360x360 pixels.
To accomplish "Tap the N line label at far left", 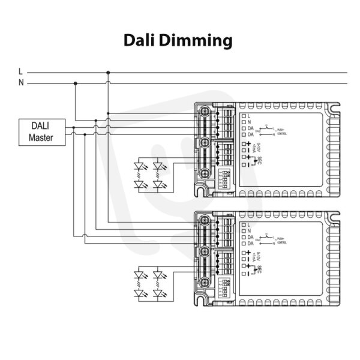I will pos(21,83).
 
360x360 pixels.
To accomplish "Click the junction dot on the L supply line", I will pos(108,73).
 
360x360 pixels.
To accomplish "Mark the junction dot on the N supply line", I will pos(75,83).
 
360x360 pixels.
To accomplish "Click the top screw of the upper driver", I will pos(205,111).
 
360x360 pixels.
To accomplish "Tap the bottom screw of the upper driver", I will pos(205,173).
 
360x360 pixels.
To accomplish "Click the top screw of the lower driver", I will pos(205,220).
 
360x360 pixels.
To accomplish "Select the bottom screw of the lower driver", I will pos(205,282).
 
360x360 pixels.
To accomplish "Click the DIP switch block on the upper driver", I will pos(226,181).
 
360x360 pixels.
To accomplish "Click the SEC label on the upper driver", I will pos(259,161).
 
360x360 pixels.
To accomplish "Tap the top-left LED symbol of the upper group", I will pos(142,164).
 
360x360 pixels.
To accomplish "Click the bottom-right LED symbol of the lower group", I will pos(159,294).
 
